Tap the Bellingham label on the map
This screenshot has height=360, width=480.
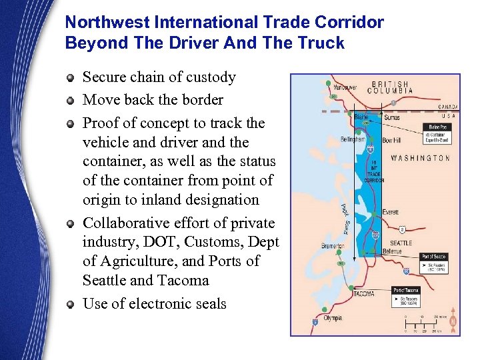tap(351, 139)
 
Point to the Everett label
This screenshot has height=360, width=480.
tap(391, 213)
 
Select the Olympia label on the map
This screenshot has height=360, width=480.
tap(333, 319)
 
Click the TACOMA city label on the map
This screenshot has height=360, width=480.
tap(363, 294)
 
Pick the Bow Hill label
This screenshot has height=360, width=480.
tap(392, 141)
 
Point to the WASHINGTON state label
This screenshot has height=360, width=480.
tap(420, 158)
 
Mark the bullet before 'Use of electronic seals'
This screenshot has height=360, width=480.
tap(70, 305)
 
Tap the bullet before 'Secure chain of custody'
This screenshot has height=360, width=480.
tap(70, 78)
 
